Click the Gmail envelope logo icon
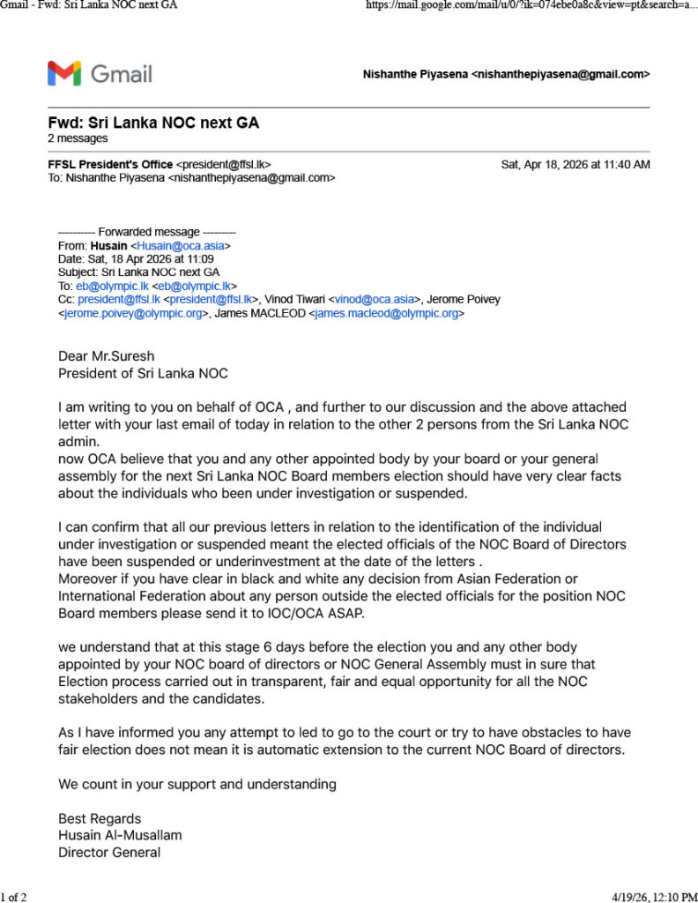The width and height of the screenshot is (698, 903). coord(64,73)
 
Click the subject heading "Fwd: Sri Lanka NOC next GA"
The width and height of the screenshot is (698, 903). coord(153,123)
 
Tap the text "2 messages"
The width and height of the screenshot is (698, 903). coord(78,138)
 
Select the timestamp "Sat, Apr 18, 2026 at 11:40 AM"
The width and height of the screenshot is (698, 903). coord(575,165)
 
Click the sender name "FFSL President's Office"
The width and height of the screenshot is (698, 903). coord(110,165)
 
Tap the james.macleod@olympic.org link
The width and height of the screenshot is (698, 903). coord(386,313)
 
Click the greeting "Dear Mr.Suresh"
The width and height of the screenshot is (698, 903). coord(106,356)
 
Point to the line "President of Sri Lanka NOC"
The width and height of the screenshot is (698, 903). coord(143,373)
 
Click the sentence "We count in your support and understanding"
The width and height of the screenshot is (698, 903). coord(197,783)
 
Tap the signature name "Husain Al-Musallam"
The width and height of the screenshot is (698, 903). coord(120,835)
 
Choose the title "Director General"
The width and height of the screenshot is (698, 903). coord(109,852)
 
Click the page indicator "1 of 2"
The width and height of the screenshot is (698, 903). coord(14,897)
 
